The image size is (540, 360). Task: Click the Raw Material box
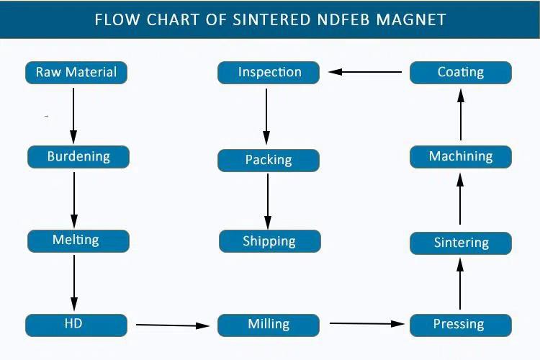click(x=76, y=72)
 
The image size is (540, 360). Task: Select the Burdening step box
click(x=78, y=157)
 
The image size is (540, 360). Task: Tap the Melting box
click(x=78, y=240)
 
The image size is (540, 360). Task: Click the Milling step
click(x=269, y=325)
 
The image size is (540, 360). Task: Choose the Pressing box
click(x=460, y=325)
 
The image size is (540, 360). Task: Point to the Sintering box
click(x=461, y=243)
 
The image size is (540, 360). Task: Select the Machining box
click(x=461, y=157)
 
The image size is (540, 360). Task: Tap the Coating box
click(x=461, y=73)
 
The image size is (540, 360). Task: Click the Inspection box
click(x=269, y=73)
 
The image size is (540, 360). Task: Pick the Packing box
click(x=269, y=161)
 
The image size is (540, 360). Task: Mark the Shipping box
click(x=269, y=241)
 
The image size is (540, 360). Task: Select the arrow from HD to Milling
click(x=173, y=325)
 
